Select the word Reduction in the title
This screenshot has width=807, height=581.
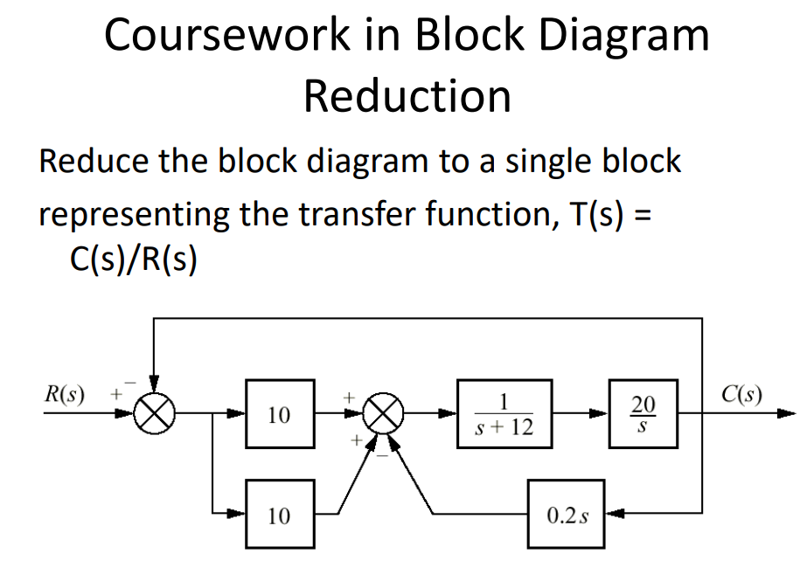pos(407,96)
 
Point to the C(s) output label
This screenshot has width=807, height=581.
pos(741,392)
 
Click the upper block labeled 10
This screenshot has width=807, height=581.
pos(280,413)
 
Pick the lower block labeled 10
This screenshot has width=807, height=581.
pos(280,515)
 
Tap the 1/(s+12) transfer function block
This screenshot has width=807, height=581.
pos(504,413)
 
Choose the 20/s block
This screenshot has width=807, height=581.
pos(642,413)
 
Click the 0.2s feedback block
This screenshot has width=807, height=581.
pos(566,515)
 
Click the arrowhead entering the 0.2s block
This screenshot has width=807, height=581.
pos(611,515)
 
